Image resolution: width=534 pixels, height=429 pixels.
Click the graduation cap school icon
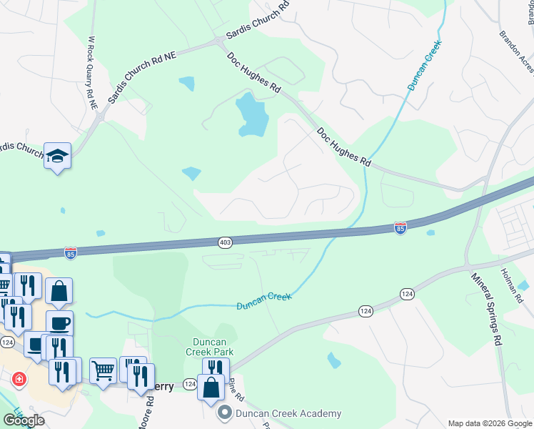(x=57, y=155)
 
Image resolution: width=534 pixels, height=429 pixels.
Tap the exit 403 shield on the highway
(x=225, y=242)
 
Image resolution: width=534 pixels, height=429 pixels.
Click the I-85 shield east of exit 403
(x=400, y=227)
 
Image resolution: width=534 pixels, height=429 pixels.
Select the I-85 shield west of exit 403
(x=70, y=252)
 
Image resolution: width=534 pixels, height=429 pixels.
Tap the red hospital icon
(x=19, y=379)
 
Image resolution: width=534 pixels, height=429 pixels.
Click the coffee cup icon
(x=59, y=322)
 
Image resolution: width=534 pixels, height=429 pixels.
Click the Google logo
(x=24, y=420)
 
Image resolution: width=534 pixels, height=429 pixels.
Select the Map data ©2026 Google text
(x=490, y=423)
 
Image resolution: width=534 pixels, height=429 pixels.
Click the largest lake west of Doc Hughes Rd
(x=252, y=114)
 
